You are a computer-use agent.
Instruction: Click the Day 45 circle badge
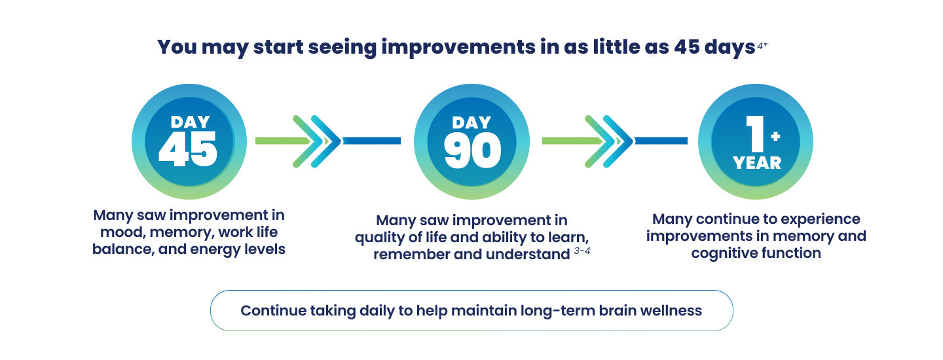(189, 141)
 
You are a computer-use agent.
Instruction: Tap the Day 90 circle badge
(471, 141)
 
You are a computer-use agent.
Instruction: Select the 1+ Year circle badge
(756, 141)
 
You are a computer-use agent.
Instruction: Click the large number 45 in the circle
(188, 149)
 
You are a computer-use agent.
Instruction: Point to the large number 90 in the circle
(472, 151)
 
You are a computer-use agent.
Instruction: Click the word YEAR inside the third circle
(757, 163)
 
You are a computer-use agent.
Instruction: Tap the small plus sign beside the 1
(775, 136)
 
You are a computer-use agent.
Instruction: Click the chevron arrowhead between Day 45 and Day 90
(317, 141)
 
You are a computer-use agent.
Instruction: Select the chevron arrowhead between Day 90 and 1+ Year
(609, 141)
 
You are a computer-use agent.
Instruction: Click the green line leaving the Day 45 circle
(283, 141)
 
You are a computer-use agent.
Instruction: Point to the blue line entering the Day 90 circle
(372, 141)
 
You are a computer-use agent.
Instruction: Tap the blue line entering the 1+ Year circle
(661, 141)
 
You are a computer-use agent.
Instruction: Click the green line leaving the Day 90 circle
(571, 141)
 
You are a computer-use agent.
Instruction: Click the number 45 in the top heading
(686, 46)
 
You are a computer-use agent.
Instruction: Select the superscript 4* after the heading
(762, 46)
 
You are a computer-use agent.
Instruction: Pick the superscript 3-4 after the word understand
(582, 251)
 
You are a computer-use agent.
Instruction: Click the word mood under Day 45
(122, 232)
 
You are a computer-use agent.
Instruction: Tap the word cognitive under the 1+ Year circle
(722, 253)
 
